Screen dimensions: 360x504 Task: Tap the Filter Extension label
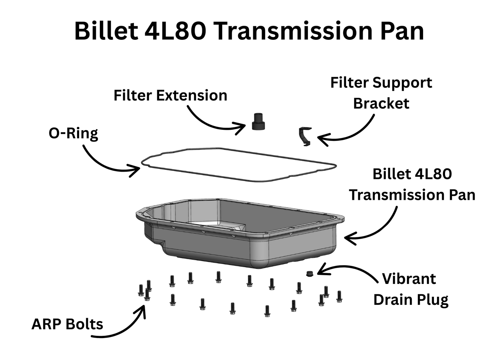170,95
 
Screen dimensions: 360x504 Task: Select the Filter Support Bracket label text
381,93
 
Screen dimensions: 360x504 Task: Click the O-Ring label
73,134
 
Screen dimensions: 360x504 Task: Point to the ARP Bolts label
67,324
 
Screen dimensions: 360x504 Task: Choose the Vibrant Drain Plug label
411,289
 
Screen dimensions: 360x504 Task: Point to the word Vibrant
409,279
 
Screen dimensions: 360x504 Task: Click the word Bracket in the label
381,104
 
